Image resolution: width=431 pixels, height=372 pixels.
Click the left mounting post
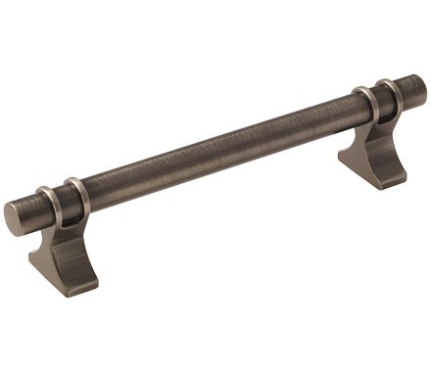point(65,245)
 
